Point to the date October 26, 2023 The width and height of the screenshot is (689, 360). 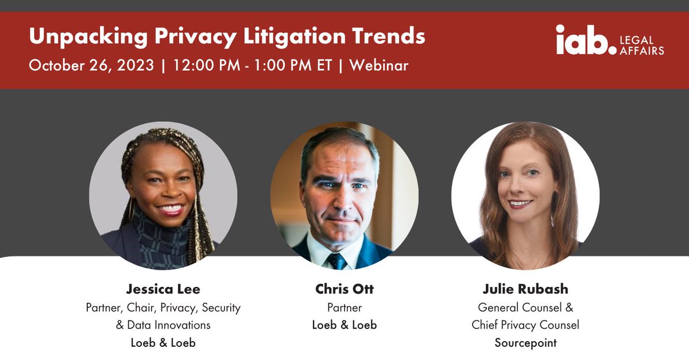[91, 65]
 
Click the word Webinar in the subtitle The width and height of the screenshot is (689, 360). [378, 65]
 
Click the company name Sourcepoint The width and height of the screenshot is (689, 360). [525, 343]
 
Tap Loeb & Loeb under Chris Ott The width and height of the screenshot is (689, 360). [344, 325]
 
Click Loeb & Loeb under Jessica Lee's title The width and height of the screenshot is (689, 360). [163, 343]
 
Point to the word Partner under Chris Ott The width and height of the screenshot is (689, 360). [344, 308]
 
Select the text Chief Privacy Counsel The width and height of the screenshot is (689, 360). [525, 325]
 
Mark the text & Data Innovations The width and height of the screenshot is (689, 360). [163, 325]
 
